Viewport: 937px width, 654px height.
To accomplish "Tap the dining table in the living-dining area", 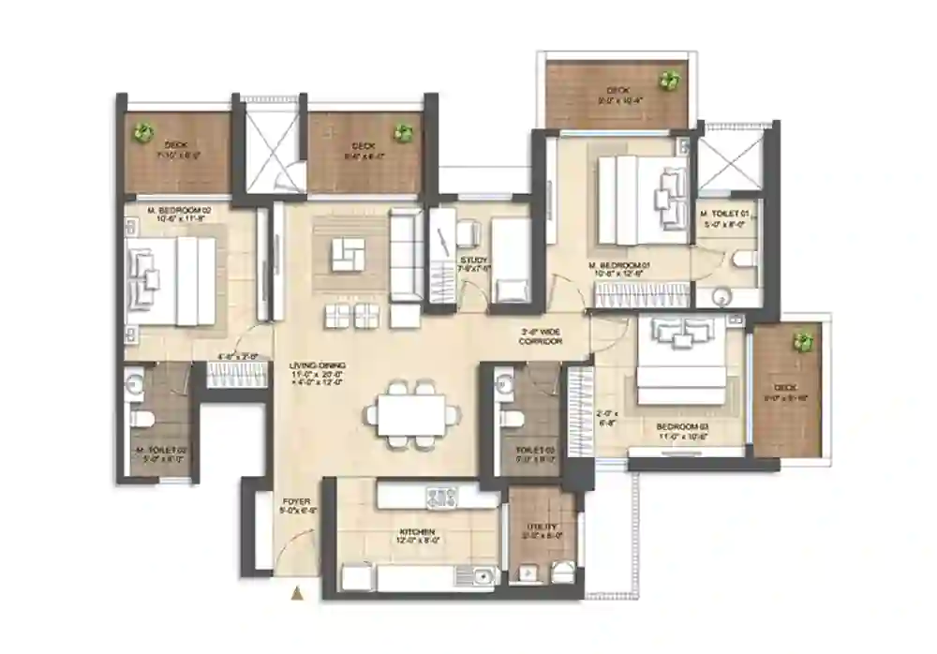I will pos(411,410).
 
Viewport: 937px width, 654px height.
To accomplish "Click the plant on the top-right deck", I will pos(669,80).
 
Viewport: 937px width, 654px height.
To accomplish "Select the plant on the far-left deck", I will pos(141,132).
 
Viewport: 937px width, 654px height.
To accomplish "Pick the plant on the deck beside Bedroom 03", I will pos(801,341).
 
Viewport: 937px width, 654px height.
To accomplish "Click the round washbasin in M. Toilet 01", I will pos(721,297).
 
